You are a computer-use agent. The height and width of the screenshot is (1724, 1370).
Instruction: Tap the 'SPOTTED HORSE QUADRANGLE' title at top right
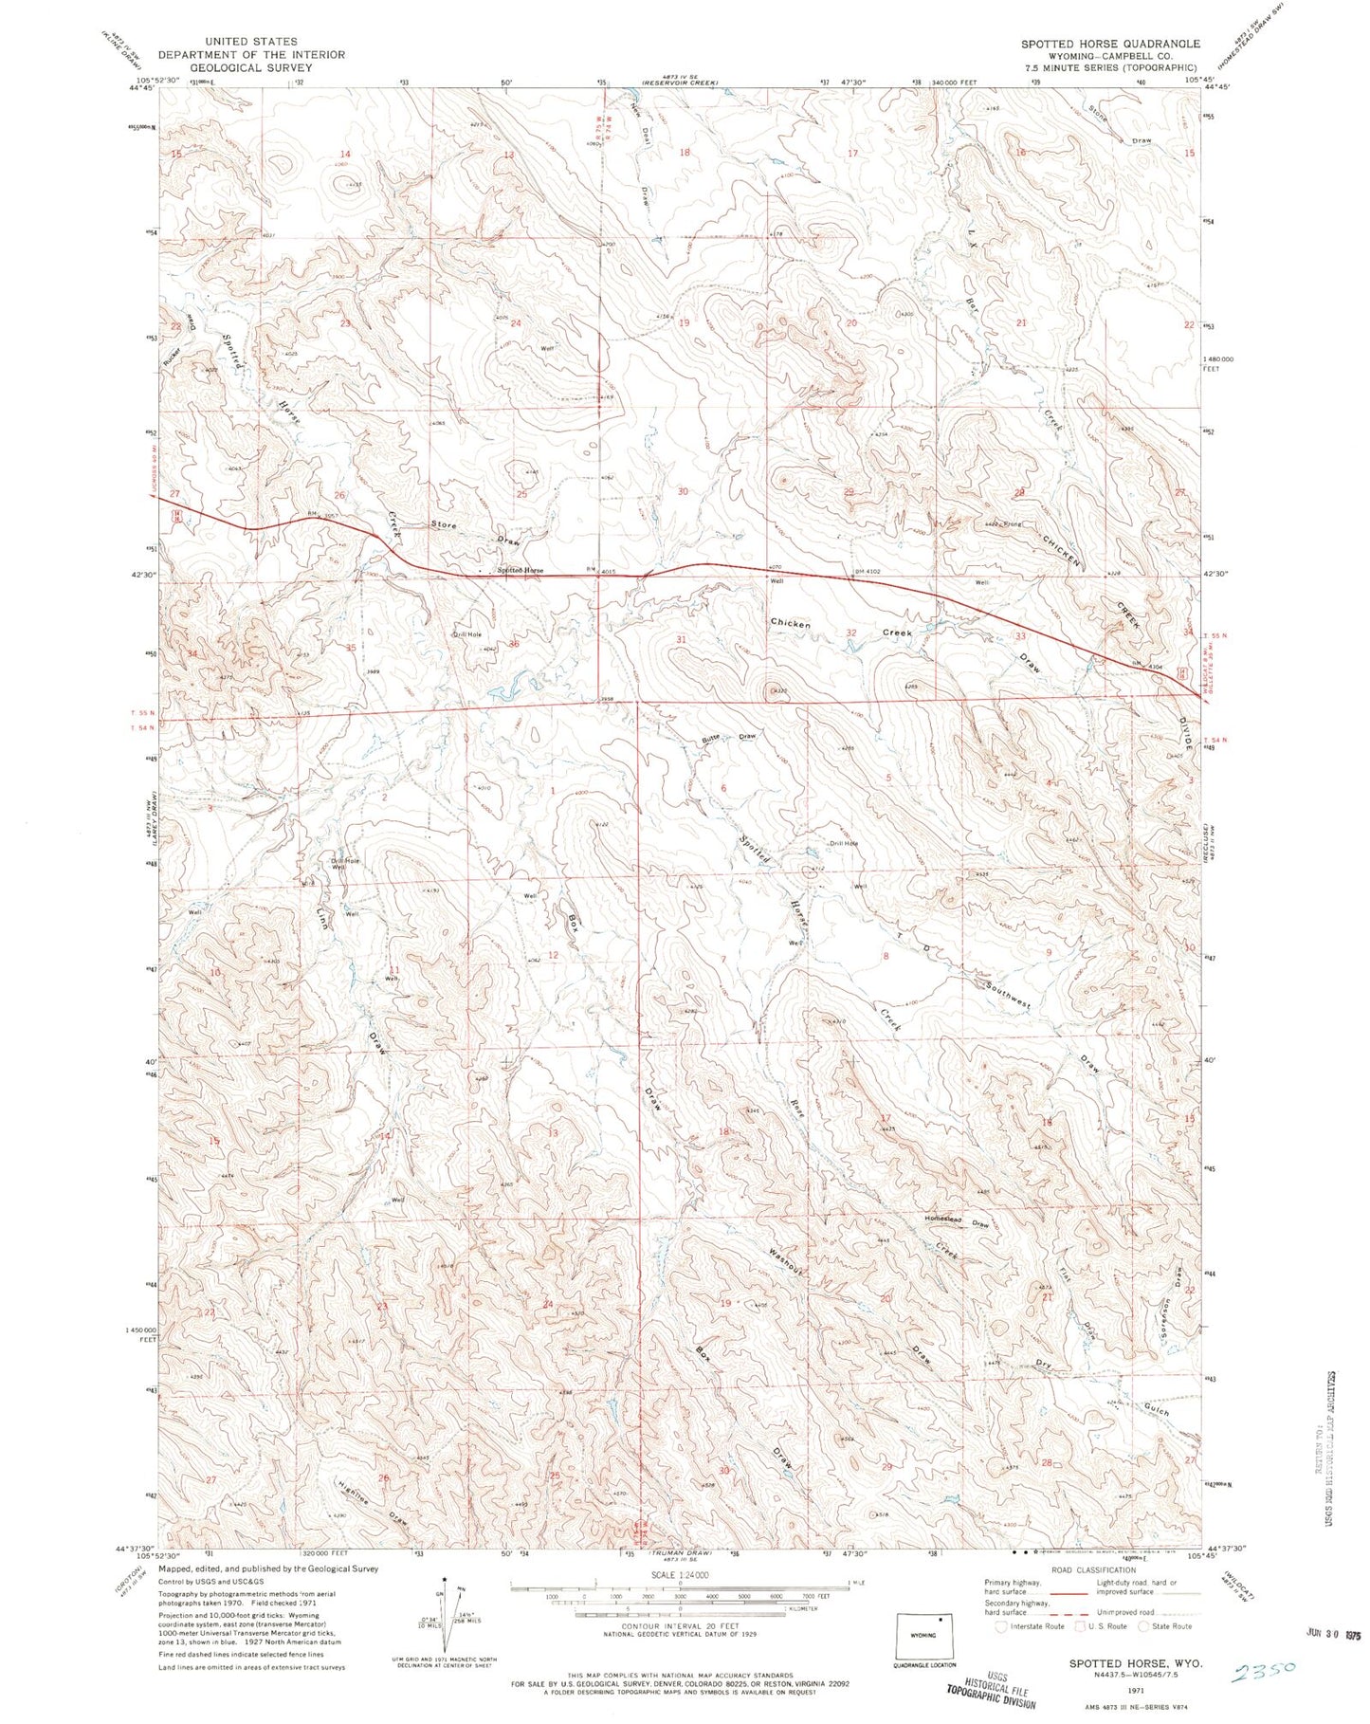click(x=1109, y=45)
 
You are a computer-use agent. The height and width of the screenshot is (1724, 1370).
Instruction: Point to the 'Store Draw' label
click(x=475, y=532)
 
